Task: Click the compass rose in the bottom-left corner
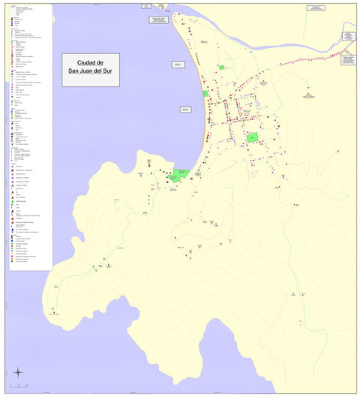point(17,372)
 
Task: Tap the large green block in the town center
point(253,138)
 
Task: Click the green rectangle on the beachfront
point(205,93)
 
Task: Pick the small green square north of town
point(222,68)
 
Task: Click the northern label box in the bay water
point(178,65)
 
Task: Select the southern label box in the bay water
point(185,110)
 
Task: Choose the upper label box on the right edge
point(349,35)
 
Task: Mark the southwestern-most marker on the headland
point(53,308)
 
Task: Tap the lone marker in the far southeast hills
point(301,320)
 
